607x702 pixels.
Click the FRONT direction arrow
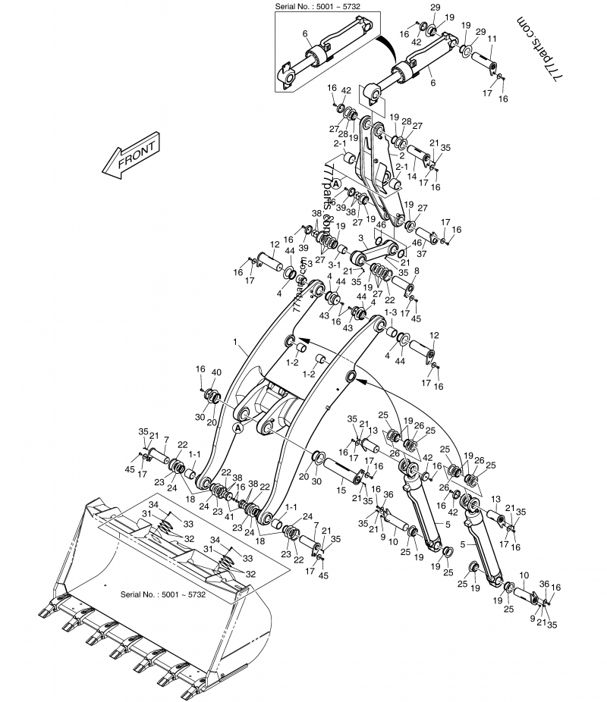coord(131,157)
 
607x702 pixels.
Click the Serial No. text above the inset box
coord(318,6)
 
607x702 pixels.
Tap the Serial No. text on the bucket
coord(163,594)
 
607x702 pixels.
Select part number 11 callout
coord(492,39)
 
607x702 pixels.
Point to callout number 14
coord(412,176)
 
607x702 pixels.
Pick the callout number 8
coord(416,269)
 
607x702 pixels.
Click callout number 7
coord(165,440)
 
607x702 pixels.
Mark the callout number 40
coord(215,372)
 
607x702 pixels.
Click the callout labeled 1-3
coord(391,312)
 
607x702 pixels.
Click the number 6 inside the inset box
coord(304,33)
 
